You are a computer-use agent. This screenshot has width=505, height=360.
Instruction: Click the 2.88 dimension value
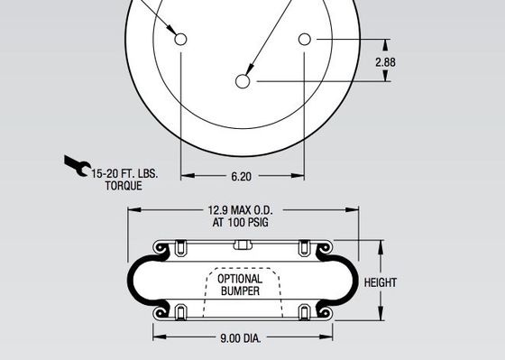click(x=385, y=62)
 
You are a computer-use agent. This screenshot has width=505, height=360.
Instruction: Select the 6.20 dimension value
click(x=242, y=178)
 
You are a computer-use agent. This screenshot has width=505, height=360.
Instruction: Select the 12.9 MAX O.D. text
click(x=243, y=210)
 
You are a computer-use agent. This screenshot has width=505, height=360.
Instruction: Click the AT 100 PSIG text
click(x=243, y=222)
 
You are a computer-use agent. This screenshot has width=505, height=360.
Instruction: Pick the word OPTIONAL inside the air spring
click(x=240, y=279)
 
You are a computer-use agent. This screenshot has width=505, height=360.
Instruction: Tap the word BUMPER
click(x=240, y=291)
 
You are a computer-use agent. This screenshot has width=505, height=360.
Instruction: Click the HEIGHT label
click(x=381, y=282)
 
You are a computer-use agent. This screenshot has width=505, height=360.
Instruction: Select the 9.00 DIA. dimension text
click(x=243, y=340)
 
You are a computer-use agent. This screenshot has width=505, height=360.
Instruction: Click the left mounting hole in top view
click(x=181, y=40)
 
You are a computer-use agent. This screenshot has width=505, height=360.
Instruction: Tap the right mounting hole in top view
click(x=305, y=40)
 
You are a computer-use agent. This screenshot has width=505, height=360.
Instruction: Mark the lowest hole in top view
click(x=243, y=81)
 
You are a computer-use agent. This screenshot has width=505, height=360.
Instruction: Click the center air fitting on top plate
click(x=240, y=245)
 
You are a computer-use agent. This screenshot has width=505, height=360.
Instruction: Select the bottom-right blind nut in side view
click(x=304, y=312)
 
